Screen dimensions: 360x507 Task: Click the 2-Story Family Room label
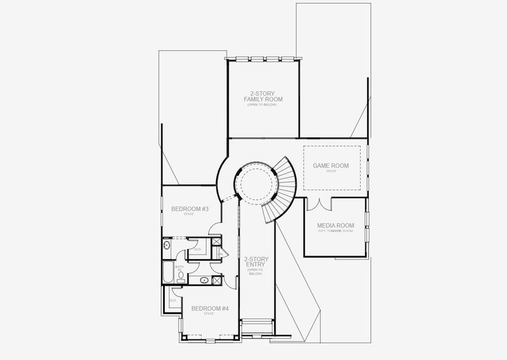[x=263, y=97]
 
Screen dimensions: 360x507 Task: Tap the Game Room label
[x=331, y=166]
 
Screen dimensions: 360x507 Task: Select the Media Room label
[x=335, y=226]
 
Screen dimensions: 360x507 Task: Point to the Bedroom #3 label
[x=190, y=209]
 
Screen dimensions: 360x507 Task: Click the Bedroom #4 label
[x=210, y=308]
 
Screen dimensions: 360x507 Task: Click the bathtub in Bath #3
[x=167, y=272]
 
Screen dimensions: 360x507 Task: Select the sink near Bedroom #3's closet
[x=166, y=245]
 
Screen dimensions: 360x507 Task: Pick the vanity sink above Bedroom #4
[x=204, y=280]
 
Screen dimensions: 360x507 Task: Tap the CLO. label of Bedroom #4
[x=172, y=300]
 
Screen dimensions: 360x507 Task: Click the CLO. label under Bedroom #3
[x=197, y=248]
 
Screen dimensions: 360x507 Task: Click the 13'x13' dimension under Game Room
[x=331, y=172]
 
